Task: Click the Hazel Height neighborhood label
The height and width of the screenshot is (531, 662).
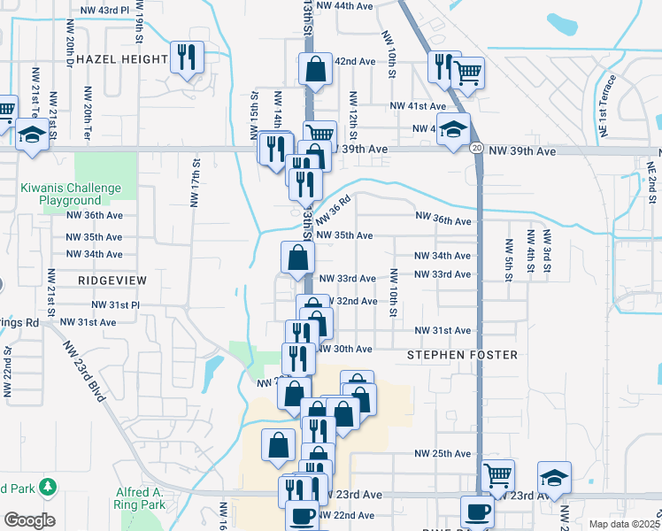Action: click(x=122, y=59)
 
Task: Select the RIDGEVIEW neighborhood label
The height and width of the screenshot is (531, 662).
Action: click(x=112, y=279)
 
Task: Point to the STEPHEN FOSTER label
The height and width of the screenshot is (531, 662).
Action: click(x=461, y=355)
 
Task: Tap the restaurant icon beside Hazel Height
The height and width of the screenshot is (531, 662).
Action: click(x=187, y=58)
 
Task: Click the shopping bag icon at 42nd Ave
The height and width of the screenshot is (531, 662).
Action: click(x=315, y=68)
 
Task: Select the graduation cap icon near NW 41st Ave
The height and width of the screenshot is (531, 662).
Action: click(x=452, y=129)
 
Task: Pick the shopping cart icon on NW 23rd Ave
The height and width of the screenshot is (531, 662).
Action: click(x=497, y=475)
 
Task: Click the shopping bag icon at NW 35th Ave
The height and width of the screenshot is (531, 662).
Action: click(x=298, y=258)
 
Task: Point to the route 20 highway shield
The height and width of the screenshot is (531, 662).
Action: click(x=476, y=148)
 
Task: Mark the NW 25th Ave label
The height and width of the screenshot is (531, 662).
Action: click(x=443, y=454)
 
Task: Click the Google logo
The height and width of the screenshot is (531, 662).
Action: click(x=29, y=520)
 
